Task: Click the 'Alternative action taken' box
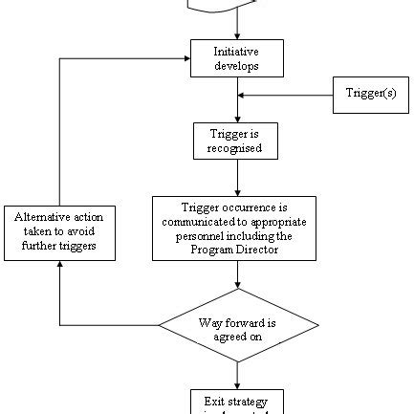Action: click(60, 232)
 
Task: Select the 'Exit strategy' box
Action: click(237, 401)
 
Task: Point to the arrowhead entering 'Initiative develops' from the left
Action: click(185, 58)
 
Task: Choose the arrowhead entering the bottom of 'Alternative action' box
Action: click(60, 266)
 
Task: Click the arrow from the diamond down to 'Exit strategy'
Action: click(237, 376)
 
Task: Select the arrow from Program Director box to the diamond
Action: click(237, 275)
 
